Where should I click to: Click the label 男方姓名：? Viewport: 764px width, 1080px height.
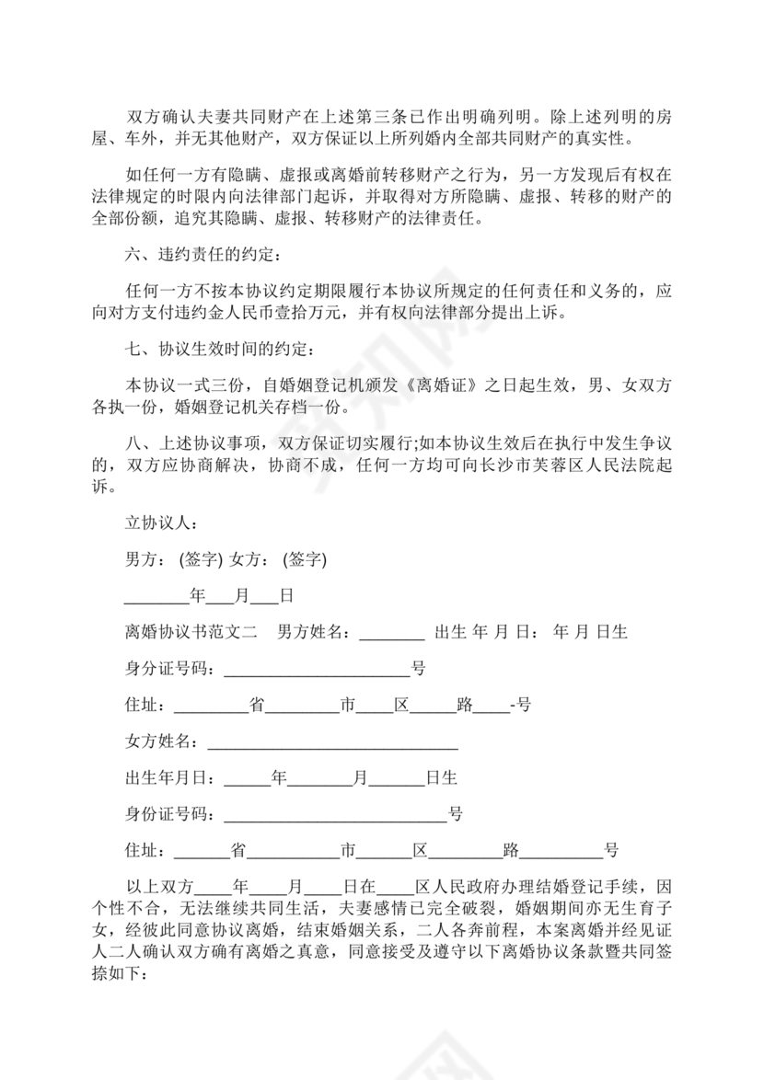(314, 632)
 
